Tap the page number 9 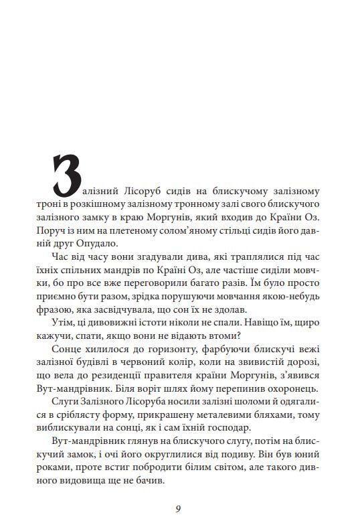click(x=179, y=508)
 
